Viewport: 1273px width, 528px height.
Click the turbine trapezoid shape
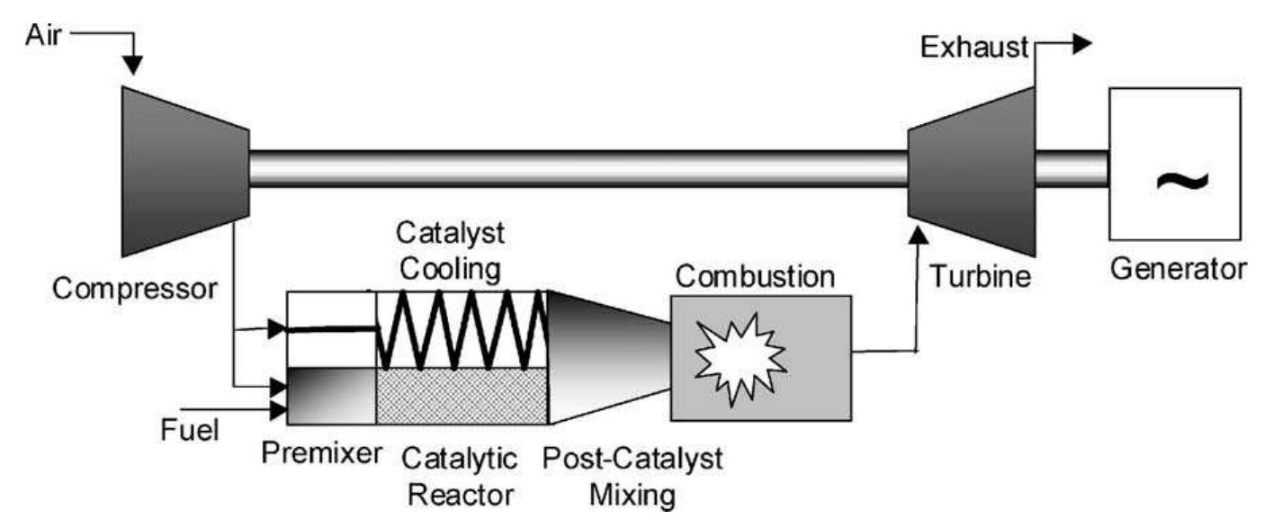point(972,171)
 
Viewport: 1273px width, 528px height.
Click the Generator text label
point(1179,268)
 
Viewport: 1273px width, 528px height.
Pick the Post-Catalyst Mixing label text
point(632,476)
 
